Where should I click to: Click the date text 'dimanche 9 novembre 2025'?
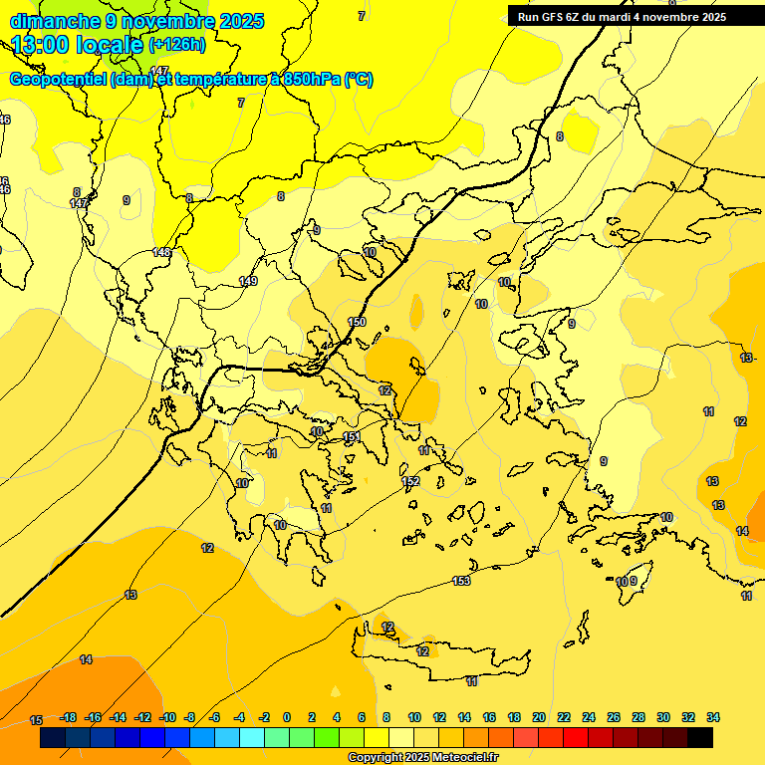(x=136, y=21)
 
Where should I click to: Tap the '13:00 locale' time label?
(x=78, y=45)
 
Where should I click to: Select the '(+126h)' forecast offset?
(x=177, y=45)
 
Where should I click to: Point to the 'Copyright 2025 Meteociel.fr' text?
(x=422, y=758)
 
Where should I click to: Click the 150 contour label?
(x=358, y=322)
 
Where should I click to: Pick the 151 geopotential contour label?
(x=351, y=437)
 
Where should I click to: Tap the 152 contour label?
(x=410, y=482)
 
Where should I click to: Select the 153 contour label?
(x=461, y=581)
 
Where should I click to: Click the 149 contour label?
(x=248, y=282)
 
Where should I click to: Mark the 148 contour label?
(x=162, y=253)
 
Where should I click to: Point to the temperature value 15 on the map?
(x=36, y=720)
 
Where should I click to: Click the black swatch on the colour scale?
(x=700, y=738)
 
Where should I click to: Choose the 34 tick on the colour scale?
(x=713, y=717)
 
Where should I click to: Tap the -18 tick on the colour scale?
(x=69, y=717)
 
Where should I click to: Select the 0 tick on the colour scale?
(x=287, y=717)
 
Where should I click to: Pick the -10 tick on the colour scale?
(x=167, y=717)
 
